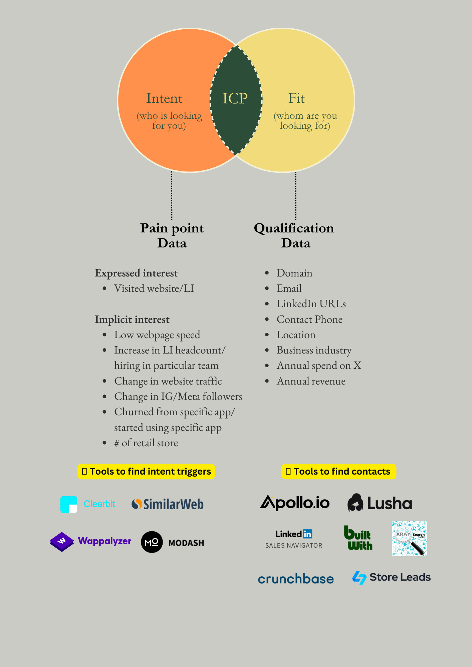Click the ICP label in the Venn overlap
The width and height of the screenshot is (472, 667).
tap(235, 98)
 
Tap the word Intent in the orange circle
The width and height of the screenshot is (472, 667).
tap(164, 98)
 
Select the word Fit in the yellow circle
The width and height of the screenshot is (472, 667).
tap(296, 98)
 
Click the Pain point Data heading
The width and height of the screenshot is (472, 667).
tap(172, 235)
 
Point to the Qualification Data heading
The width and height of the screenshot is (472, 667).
tap(294, 235)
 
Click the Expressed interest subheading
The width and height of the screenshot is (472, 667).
tap(136, 273)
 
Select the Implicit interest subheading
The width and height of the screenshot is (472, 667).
tap(132, 319)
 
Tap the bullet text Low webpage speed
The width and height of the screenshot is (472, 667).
tap(157, 335)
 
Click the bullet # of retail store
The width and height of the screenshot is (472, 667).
tap(146, 443)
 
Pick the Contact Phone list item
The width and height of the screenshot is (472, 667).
tap(309, 319)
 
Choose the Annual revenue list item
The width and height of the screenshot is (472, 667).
tap(311, 381)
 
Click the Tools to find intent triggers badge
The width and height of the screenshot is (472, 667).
tap(146, 472)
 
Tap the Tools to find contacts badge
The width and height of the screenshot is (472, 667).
tap(338, 472)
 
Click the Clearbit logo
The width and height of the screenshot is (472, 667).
tap(88, 504)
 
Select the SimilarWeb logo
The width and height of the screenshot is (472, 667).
tap(168, 504)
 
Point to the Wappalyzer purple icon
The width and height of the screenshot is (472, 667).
tap(62, 542)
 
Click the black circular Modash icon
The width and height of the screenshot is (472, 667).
tap(152, 542)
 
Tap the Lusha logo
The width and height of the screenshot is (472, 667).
tap(380, 503)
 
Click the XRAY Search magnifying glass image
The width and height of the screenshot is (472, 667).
tap(410, 539)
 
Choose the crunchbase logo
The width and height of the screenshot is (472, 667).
tap(296, 579)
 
